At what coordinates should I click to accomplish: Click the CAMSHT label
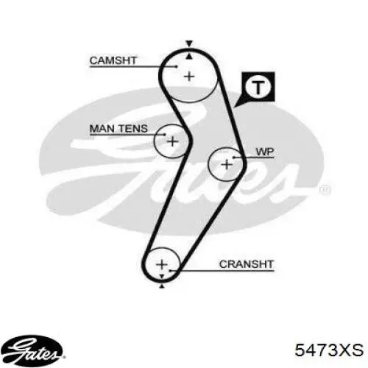[113, 60]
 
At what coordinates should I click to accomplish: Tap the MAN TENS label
[118, 129]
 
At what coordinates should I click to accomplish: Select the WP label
[265, 152]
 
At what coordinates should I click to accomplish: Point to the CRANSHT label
[247, 264]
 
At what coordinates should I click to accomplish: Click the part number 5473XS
[329, 350]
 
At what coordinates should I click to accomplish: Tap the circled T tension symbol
[258, 87]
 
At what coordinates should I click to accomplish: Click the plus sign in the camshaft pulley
[189, 77]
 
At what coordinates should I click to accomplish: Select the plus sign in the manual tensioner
[173, 141]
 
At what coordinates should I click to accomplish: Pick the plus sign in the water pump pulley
[227, 164]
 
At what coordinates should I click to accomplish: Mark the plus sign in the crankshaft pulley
[162, 264]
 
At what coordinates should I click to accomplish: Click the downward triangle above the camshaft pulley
[189, 43]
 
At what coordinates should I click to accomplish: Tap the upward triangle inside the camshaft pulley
[189, 57]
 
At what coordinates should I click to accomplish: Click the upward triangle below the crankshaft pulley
[162, 286]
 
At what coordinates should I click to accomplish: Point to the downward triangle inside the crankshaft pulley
[162, 277]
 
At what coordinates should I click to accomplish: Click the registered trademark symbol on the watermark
[325, 190]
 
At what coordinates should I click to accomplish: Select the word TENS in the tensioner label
[133, 129]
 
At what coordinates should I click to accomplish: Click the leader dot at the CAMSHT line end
[176, 66]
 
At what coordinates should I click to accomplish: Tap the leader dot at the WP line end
[234, 158]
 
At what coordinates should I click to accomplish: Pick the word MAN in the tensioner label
[102, 129]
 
